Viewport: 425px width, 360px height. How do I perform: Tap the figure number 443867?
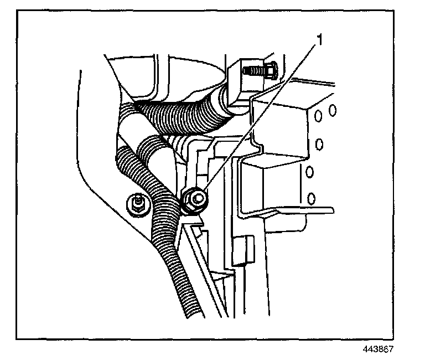(x=380, y=349)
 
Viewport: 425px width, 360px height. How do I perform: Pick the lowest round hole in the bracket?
(x=311, y=197)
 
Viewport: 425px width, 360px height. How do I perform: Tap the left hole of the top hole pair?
(x=319, y=115)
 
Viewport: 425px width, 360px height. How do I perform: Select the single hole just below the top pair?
(x=319, y=145)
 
